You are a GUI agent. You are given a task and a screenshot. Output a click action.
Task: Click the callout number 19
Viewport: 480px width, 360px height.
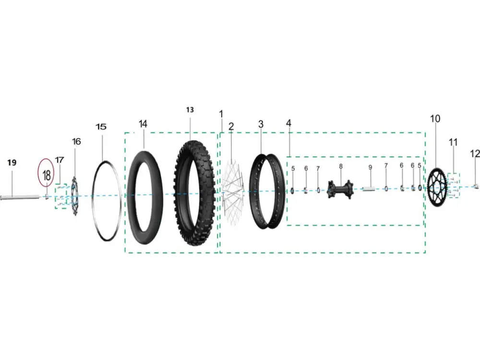coord(12,162)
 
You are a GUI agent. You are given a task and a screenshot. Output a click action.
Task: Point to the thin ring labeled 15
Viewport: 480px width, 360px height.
coord(93,196)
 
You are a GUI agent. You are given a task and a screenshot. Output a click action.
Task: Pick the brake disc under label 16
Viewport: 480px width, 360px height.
coord(75,196)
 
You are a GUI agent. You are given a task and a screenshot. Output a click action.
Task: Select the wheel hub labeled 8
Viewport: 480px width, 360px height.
coord(340,189)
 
